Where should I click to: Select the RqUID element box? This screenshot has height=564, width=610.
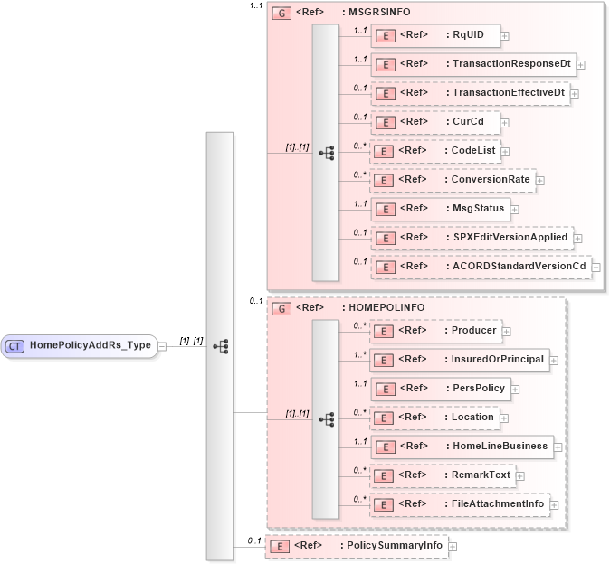click(x=434, y=35)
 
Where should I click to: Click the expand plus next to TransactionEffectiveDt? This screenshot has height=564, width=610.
click(x=575, y=93)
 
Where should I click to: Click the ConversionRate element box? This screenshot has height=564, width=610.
click(x=453, y=180)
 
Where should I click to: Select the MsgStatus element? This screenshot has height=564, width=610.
click(x=439, y=209)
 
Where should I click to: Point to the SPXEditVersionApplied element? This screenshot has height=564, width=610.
click(x=472, y=238)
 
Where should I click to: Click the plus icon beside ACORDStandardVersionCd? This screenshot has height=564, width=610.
click(x=596, y=267)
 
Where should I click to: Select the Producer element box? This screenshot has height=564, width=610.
click(x=435, y=331)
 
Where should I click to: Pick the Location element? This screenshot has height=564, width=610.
click(x=434, y=418)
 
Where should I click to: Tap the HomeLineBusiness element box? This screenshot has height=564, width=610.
click(x=462, y=446)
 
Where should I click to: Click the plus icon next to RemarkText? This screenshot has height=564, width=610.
click(x=520, y=475)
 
